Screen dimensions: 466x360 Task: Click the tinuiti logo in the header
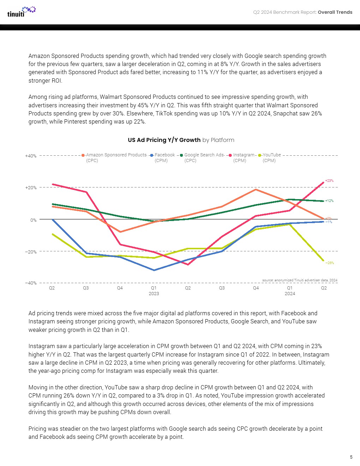[21, 12]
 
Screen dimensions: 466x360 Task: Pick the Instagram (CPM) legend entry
[242, 157]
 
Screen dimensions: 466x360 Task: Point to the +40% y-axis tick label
[31, 156]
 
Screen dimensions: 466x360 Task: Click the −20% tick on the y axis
[31, 252]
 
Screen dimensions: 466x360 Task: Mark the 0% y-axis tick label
[33, 220]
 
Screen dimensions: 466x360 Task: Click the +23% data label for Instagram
[329, 181]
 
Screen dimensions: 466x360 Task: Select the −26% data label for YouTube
[329, 263]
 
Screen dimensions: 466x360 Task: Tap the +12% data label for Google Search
[329, 201]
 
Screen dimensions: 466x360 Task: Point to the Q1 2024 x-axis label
[290, 291]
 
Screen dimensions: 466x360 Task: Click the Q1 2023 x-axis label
[154, 291]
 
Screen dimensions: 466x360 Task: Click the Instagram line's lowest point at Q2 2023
[188, 264]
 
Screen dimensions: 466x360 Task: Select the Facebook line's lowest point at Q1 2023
[154, 270]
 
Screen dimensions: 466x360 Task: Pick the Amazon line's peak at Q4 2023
[256, 190]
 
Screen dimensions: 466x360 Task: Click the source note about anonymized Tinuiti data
[300, 280]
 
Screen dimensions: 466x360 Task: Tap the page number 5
[351, 457]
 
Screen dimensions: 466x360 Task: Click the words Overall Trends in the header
[335, 12]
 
